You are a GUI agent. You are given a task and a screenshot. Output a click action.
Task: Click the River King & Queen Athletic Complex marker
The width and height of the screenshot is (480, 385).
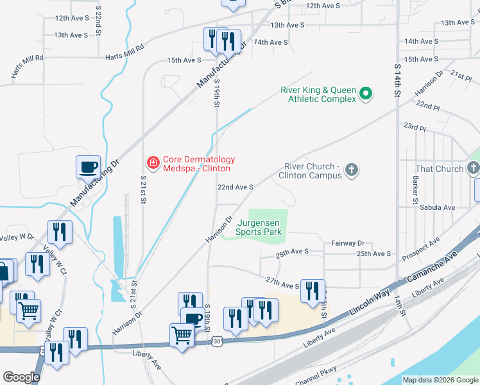tap(366, 94)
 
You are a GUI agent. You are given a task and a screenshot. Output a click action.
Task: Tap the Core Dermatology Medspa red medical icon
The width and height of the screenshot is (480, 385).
tap(153, 163)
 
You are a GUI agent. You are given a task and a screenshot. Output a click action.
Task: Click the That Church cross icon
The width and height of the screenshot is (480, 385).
tap(474, 169)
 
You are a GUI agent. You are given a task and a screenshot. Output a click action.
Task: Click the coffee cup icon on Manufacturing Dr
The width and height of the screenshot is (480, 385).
tap(89, 167)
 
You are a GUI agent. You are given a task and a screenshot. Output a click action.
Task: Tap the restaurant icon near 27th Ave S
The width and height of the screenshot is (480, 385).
tap(313, 291)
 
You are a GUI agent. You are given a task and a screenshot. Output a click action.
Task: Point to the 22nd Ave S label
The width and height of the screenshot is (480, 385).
tap(235, 187)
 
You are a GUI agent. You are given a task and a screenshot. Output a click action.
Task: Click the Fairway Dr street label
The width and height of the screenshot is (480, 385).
tap(348, 243)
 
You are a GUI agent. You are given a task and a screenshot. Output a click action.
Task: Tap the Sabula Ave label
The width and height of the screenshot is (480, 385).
tap(437, 208)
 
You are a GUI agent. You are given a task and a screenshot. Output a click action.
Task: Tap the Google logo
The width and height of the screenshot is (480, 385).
tap(21, 377)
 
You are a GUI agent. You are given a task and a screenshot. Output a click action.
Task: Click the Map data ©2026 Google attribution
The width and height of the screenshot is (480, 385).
tap(440, 380)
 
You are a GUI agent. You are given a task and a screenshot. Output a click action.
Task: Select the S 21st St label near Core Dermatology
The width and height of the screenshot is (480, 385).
tap(142, 191)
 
